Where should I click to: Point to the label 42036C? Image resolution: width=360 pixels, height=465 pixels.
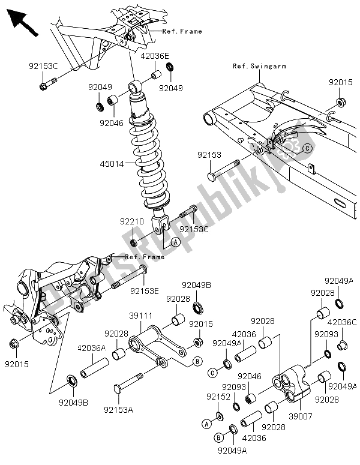coord(345,322)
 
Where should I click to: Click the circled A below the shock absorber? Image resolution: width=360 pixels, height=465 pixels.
coord(176,241)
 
